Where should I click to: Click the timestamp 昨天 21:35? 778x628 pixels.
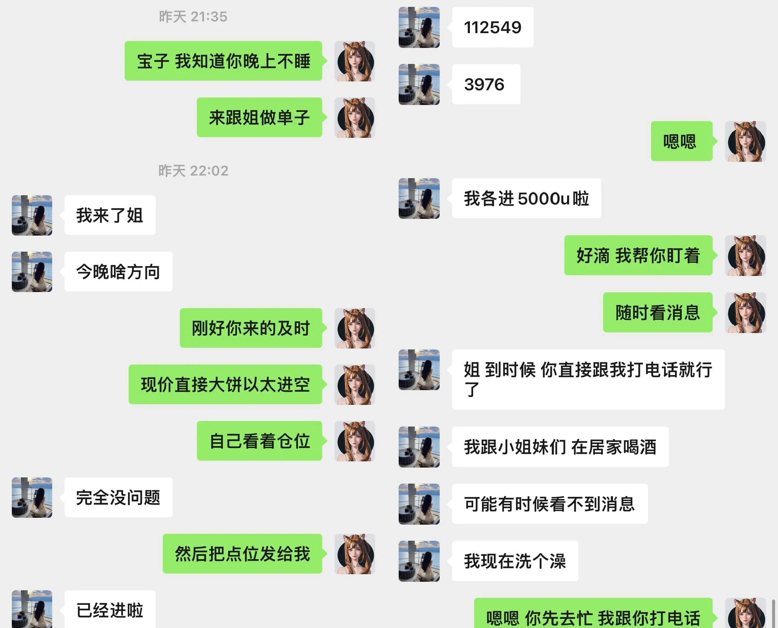coord(193,17)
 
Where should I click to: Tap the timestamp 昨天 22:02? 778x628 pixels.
coord(194,171)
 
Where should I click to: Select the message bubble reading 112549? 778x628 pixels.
coord(492,27)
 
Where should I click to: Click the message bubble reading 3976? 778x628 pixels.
coord(486,84)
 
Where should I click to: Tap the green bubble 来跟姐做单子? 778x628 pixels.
coord(259,117)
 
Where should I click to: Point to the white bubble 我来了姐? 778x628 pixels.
coord(110,215)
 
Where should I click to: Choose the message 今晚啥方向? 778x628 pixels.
coord(118,272)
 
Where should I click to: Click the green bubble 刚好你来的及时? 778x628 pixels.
coord(251,328)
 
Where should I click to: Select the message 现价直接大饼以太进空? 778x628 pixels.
coord(225,384)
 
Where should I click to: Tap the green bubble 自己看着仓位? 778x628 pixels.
coord(259,441)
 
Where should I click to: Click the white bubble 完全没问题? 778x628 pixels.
coord(118,497)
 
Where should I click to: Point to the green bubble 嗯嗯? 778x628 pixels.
coord(681,141)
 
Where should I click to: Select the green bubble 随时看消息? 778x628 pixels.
coord(657,312)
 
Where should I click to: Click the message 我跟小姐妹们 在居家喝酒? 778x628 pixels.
coord(560,447)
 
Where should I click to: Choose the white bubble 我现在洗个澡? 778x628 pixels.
coord(515,561)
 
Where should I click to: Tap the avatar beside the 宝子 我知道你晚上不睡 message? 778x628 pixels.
coord(354,61)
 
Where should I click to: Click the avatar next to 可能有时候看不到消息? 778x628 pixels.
coord(419,504)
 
